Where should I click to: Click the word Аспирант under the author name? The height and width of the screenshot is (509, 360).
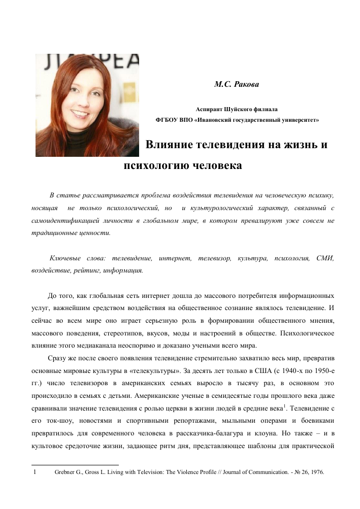pyautogui.click(x=212, y=109)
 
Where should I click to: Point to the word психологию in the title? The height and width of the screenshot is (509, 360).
pyautogui.click(x=154, y=165)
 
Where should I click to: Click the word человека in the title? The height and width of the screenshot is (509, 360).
pyautogui.click(x=214, y=165)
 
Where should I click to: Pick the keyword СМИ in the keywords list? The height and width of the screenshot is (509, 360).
pyautogui.click(x=325, y=259)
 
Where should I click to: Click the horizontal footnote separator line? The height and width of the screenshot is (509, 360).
pyautogui.click(x=75, y=464)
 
